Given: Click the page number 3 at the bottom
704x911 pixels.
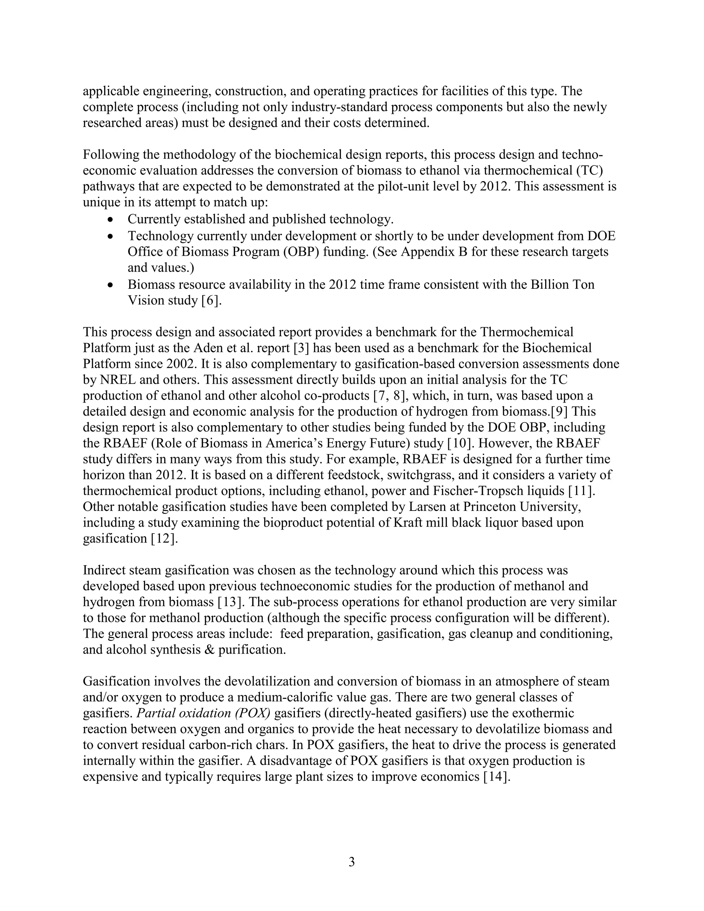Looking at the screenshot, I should (352, 862).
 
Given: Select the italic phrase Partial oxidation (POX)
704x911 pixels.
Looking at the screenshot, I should (203, 713).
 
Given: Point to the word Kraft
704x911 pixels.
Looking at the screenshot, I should (409, 523).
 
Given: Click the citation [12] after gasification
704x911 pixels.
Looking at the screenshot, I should (164, 538).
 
